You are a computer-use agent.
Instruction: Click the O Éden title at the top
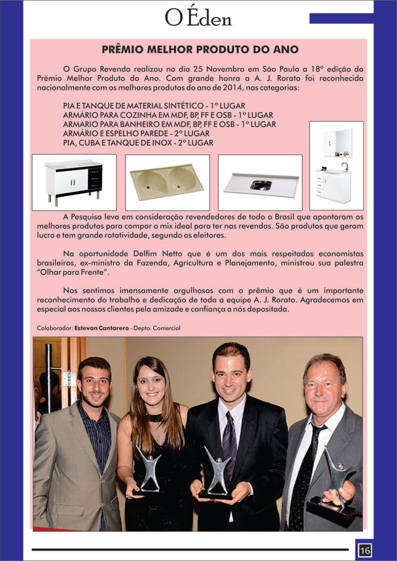pos(198,18)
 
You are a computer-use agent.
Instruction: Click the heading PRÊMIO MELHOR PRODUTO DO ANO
pos(200,50)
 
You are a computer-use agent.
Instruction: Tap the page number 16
pos(365,551)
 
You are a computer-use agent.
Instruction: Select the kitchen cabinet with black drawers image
pos(74,182)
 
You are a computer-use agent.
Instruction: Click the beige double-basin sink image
pos(167,182)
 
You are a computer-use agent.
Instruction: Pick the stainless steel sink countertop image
pos(260,182)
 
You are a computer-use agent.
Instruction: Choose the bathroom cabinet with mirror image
pos(336,165)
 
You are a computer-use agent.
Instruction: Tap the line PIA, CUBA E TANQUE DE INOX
pos(138,142)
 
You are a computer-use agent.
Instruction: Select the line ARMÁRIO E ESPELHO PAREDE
pos(136,134)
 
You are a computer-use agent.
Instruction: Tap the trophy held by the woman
pos(149,468)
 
